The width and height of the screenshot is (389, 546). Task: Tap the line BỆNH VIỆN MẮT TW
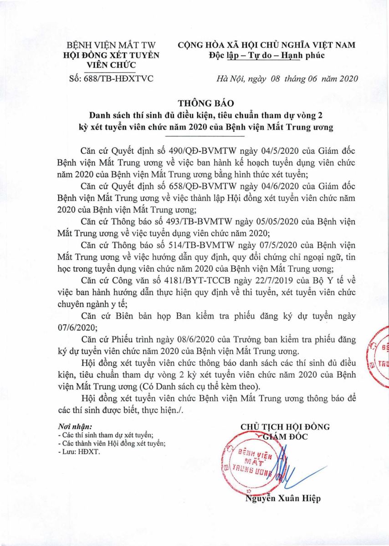point(111,45)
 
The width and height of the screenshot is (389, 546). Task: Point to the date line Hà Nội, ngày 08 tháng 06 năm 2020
point(287,78)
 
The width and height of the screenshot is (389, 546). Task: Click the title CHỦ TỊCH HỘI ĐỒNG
point(285,427)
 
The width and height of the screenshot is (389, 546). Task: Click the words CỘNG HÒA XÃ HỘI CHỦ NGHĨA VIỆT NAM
point(266,45)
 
